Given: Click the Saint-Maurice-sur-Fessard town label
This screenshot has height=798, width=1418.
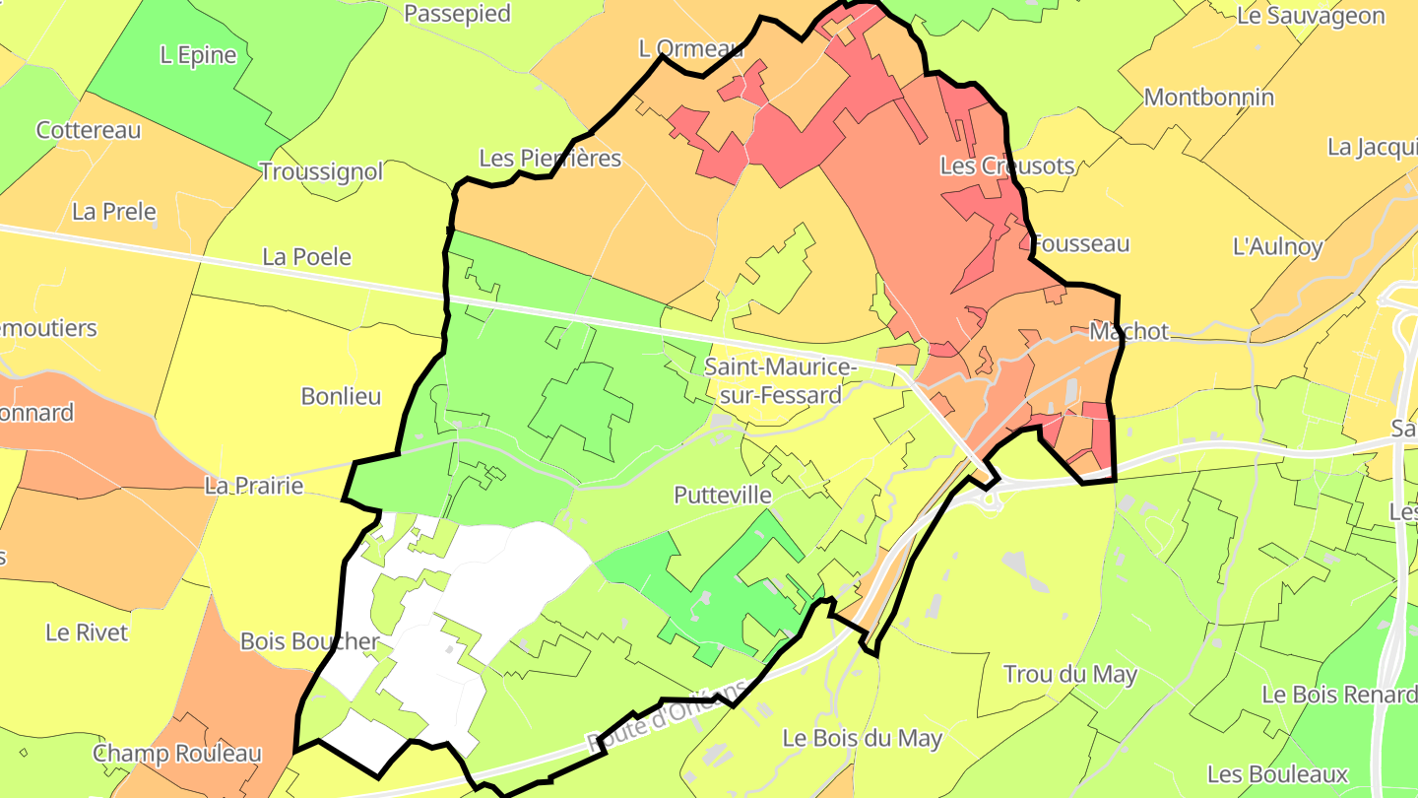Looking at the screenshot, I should click(773, 381).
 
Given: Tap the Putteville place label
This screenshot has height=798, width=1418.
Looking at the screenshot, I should click(723, 495).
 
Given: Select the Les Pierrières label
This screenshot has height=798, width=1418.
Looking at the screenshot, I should click(549, 158).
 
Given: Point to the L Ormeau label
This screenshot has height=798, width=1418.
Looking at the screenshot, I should click(690, 48).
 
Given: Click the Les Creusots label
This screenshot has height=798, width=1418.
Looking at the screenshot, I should click(1006, 166).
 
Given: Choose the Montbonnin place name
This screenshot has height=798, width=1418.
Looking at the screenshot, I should click(1208, 98).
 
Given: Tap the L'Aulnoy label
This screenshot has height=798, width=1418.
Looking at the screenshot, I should click(1277, 246).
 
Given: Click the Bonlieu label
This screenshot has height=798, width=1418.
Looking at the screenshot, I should click(341, 396).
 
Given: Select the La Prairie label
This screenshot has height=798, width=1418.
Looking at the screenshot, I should click(254, 486).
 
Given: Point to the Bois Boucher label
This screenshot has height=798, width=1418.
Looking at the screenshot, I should click(309, 641).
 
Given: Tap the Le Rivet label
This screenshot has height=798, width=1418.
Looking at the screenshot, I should click(87, 632).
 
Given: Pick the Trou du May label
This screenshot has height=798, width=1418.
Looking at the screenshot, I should click(1069, 675).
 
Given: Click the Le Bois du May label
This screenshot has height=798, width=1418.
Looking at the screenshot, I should click(862, 738).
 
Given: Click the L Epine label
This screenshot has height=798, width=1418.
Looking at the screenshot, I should click(198, 55).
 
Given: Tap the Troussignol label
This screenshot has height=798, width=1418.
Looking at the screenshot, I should click(321, 171).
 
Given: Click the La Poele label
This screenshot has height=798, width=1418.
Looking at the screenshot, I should click(306, 257).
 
